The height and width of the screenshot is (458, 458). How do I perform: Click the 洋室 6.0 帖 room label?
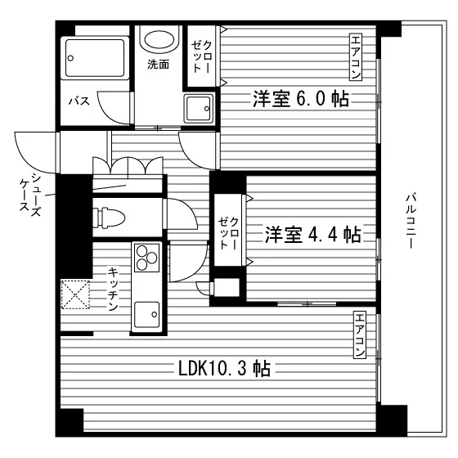pos(301,99)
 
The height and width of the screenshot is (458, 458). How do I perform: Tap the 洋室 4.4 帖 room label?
pos(312,234)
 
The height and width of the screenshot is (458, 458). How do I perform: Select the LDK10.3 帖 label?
pos(224,368)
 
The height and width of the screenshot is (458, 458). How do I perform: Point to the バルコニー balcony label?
pos(411,221)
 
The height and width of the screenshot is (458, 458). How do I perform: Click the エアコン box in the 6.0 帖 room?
pos(356,56)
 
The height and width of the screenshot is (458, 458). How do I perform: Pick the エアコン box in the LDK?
pos(360,335)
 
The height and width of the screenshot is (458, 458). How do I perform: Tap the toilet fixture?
pos(109,218)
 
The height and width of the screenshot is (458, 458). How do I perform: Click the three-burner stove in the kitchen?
pos(147,258)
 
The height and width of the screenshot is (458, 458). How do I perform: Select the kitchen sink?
pos(147,315)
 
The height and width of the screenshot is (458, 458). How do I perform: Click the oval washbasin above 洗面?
pos(159,39)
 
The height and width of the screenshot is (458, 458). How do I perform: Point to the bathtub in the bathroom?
pos(94,58)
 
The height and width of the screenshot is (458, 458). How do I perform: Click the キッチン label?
pos(113,289)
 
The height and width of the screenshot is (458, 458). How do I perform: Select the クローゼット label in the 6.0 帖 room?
pos(201,56)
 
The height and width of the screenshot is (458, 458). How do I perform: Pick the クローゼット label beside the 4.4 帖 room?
pos(228,233)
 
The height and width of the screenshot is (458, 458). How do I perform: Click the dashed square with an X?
pos(75,294)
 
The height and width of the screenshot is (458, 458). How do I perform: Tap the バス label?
pos(79,101)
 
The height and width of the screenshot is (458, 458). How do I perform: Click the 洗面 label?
pos(158,65)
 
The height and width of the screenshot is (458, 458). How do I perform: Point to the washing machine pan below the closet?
pos(198,109)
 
